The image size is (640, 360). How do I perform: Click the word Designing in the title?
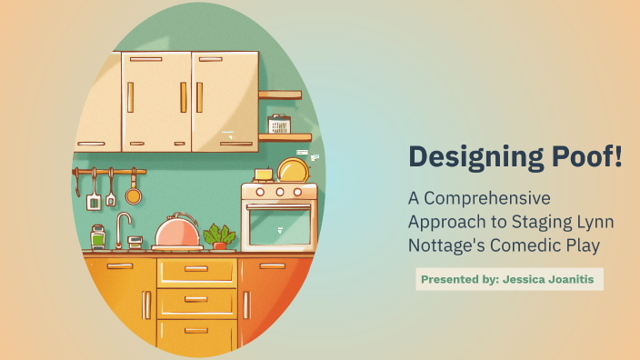(x=464, y=157)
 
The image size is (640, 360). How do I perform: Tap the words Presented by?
(x=459, y=280)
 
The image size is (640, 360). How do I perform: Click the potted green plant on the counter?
(x=219, y=237)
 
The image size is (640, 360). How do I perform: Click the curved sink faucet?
(x=122, y=227)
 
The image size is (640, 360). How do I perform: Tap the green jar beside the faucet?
(x=98, y=238)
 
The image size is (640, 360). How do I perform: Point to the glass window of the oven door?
(x=278, y=227)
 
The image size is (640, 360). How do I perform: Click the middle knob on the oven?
(x=278, y=192)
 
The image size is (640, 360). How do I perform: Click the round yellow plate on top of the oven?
(x=292, y=170)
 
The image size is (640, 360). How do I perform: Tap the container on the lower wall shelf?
(x=279, y=125)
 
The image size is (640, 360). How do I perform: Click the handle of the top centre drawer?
(x=196, y=270)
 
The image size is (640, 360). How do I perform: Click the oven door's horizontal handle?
(x=278, y=208)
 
